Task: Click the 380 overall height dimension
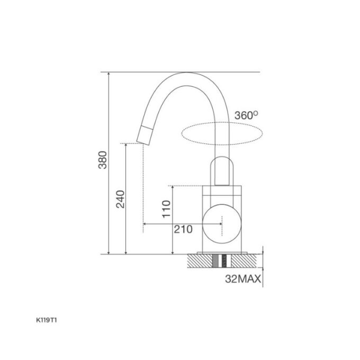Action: pos(103,161)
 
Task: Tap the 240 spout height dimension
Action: pos(121,199)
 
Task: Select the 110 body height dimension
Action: pos(166,209)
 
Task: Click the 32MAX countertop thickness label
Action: pos(243,280)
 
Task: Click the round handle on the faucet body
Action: pos(221,223)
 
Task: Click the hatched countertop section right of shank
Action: pos(246,261)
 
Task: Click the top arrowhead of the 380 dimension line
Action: pos(109,74)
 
